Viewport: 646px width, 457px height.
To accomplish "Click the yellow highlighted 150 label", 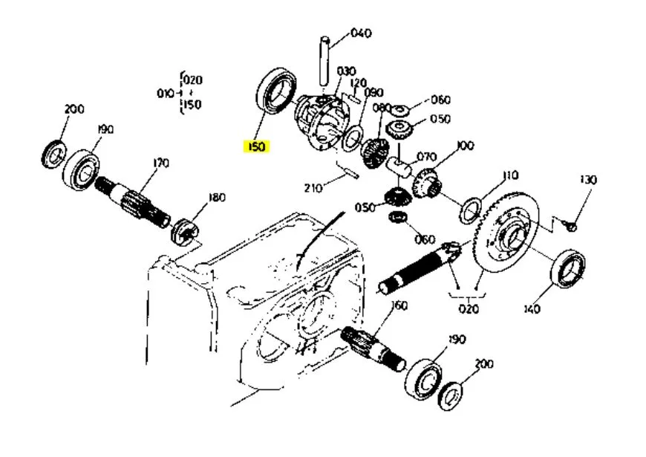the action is pyautogui.click(x=256, y=146).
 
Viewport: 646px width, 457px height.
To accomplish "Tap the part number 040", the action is pyautogui.click(x=361, y=33).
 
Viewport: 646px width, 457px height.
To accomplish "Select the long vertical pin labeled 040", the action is pyautogui.click(x=324, y=61).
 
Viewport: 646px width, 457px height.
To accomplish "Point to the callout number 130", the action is pyautogui.click(x=588, y=180).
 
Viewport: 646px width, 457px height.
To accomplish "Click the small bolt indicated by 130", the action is pyautogui.click(x=572, y=226).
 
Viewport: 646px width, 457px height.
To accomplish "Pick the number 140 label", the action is pyautogui.click(x=532, y=309).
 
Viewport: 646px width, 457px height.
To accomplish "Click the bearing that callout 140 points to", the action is pyautogui.click(x=568, y=269).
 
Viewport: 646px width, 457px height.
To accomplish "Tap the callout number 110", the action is pyautogui.click(x=510, y=175).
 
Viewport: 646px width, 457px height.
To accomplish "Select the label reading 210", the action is pyautogui.click(x=313, y=188).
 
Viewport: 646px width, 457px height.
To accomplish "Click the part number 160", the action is pyautogui.click(x=399, y=305).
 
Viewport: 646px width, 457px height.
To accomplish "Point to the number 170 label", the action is pyautogui.click(x=160, y=163).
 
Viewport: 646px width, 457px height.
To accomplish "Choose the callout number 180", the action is pyautogui.click(x=217, y=198).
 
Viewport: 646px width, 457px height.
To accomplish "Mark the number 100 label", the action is pyautogui.click(x=466, y=146).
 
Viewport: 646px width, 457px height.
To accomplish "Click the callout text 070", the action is pyautogui.click(x=426, y=157).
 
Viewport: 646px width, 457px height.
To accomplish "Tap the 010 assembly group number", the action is pyautogui.click(x=166, y=94).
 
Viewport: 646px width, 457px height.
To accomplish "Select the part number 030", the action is pyautogui.click(x=346, y=71).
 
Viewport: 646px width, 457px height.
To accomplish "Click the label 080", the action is pyautogui.click(x=382, y=108).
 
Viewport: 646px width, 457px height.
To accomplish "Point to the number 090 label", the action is pyautogui.click(x=373, y=92).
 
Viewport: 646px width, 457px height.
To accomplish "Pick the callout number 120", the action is pyautogui.click(x=358, y=83).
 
